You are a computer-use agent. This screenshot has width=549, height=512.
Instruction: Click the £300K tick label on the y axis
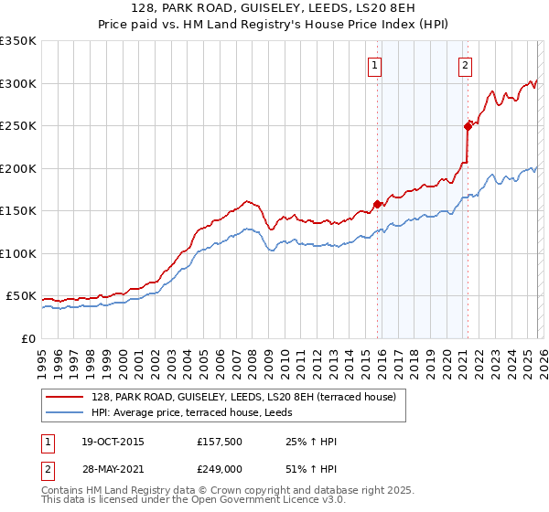pyautogui.click(x=17, y=83)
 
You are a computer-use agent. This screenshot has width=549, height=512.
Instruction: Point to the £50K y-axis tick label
pyautogui.click(x=20, y=296)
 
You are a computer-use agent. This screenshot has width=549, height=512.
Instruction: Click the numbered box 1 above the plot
pyautogui.click(x=375, y=65)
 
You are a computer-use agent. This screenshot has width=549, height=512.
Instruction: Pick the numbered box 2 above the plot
pyautogui.click(x=465, y=65)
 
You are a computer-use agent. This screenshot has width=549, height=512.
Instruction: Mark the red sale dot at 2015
pyautogui.click(x=377, y=204)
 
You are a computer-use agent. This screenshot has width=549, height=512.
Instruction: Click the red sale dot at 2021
pyautogui.click(x=468, y=126)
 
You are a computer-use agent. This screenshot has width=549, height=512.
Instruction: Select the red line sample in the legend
pyautogui.click(x=66, y=397)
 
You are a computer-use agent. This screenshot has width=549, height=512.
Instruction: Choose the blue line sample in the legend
pyautogui.click(x=66, y=412)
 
